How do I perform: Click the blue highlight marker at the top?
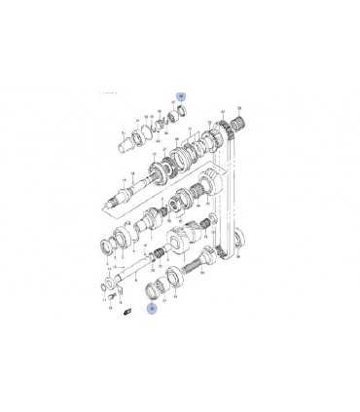[x=179, y=95]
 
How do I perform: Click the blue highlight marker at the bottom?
[x=153, y=306]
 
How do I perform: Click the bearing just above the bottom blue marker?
[x=154, y=288]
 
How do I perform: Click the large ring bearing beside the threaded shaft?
[x=180, y=276]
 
